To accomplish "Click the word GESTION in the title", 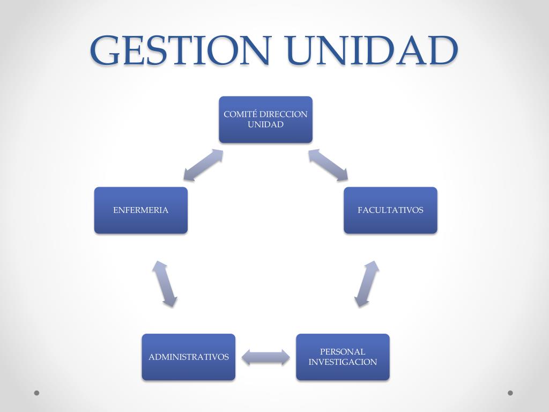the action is click(x=181, y=50).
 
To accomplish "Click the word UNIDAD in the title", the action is click(x=372, y=50).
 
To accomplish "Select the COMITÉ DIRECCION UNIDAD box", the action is click(x=266, y=120).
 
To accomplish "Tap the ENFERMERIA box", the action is click(x=141, y=210).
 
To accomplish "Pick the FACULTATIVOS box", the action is click(x=390, y=210).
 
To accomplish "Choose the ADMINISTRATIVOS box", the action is click(x=188, y=357).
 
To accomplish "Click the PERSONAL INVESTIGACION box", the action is click(x=343, y=357).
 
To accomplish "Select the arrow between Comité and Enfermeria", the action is click(x=203, y=165).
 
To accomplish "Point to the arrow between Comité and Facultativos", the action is click(x=328, y=165).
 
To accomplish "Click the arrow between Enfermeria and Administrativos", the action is click(x=165, y=284).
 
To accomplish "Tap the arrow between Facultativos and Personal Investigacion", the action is click(x=367, y=284).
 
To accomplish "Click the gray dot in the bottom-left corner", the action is click(x=36, y=393).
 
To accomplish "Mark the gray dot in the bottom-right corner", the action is click(x=510, y=393).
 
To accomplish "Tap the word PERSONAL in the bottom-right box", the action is click(x=343, y=352).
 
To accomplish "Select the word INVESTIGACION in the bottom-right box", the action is click(x=343, y=362).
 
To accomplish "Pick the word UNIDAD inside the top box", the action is click(x=266, y=124).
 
